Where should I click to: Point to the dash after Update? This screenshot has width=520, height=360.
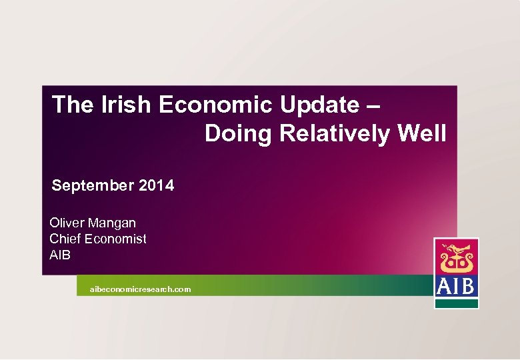(374, 105)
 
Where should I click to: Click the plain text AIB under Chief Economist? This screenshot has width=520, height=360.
(60, 255)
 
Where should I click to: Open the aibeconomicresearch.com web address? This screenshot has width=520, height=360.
(140, 289)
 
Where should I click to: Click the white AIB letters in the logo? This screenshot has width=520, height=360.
(456, 287)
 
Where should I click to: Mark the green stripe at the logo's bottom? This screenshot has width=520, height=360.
(457, 303)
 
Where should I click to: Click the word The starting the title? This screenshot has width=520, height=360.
(71, 105)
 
